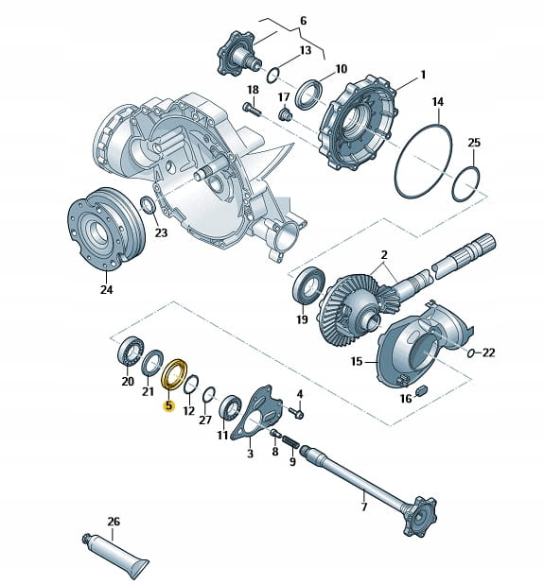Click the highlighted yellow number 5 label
click(x=169, y=404)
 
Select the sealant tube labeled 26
click(x=114, y=551)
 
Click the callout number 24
click(x=106, y=289)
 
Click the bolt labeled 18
click(x=252, y=110)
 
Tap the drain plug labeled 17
click(x=286, y=114)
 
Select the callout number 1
click(x=423, y=75)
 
